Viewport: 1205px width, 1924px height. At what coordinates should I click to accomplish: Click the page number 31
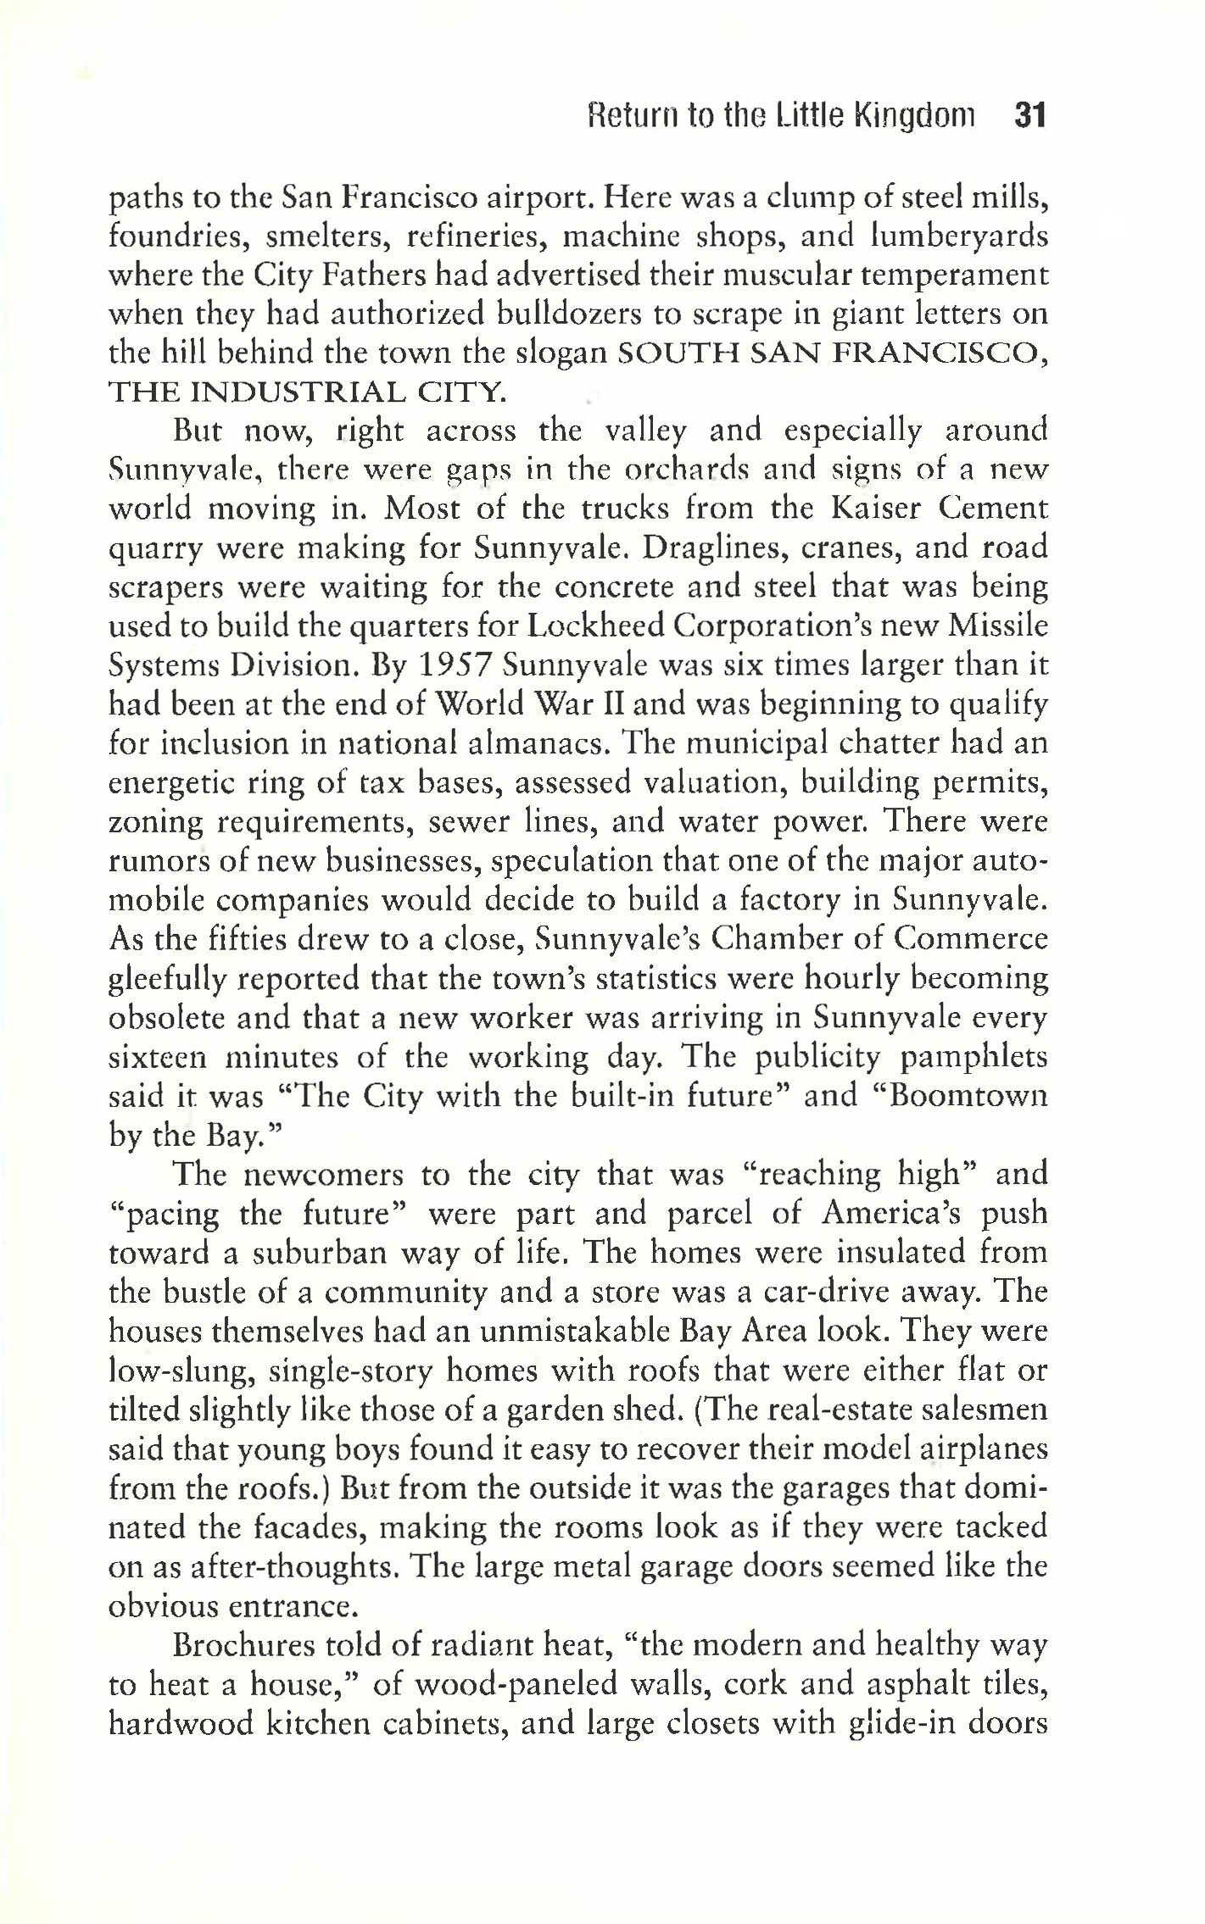(1031, 115)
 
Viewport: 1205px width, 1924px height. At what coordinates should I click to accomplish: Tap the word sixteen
(158, 1058)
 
